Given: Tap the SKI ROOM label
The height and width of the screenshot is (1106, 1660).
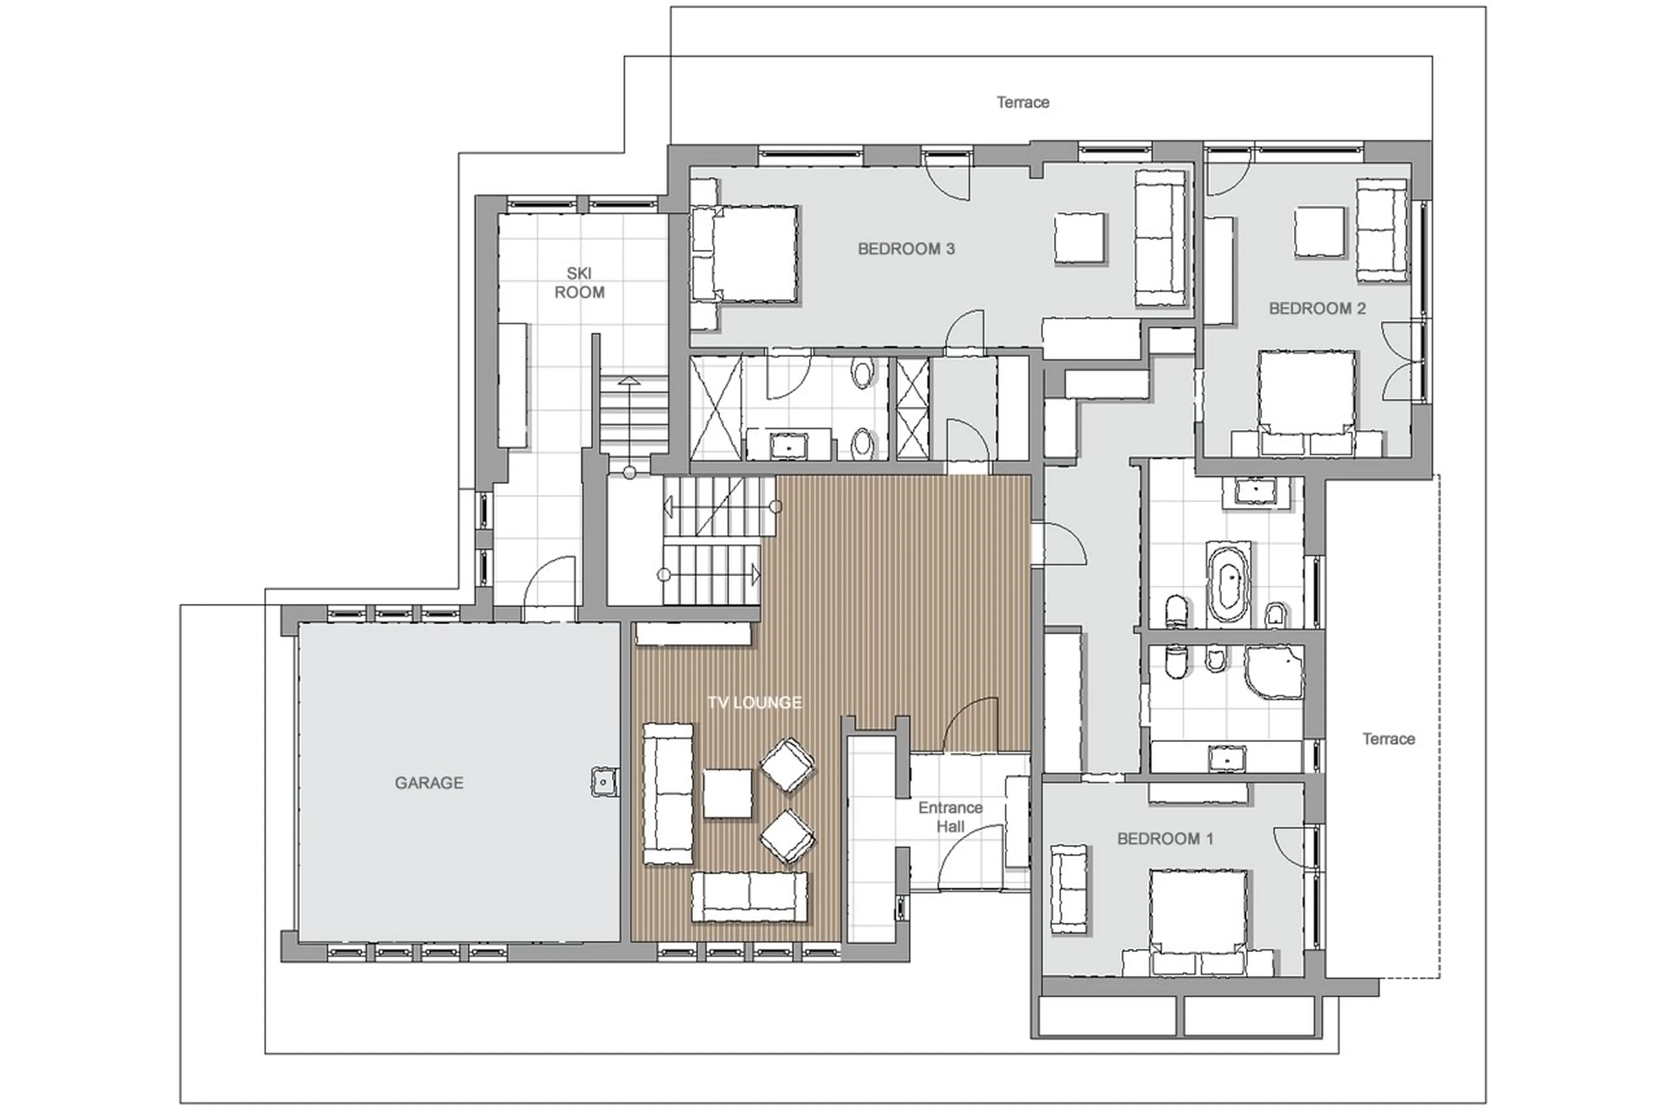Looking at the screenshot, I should (x=579, y=282).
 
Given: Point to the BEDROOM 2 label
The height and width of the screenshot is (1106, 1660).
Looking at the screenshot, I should (x=1316, y=308).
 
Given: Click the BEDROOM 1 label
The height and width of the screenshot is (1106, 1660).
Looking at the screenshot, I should (x=1165, y=838).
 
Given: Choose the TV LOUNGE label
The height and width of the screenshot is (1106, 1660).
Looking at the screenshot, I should (x=754, y=702).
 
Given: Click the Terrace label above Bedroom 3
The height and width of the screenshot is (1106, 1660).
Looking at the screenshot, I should (x=1022, y=102).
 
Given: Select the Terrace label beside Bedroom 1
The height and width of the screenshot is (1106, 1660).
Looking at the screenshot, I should (x=1388, y=739).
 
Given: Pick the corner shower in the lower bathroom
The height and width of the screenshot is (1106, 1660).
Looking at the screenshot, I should (x=1274, y=672).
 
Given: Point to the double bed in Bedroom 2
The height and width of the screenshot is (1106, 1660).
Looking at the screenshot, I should (x=1306, y=395).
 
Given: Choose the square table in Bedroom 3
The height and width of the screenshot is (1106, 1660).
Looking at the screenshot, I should (x=1079, y=238).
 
